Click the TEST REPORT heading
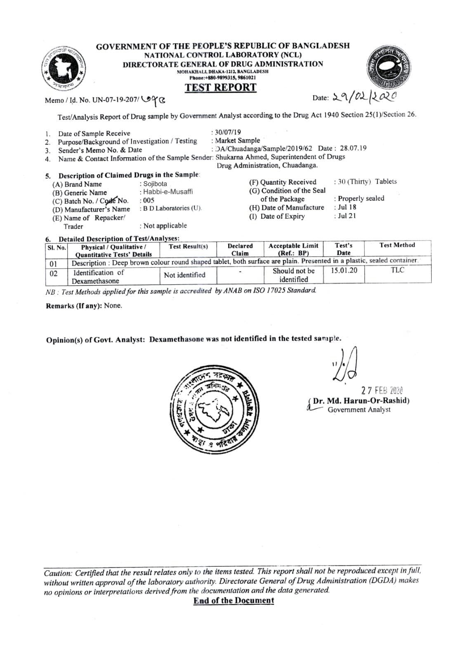[x=220, y=87]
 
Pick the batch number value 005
[x=149, y=200]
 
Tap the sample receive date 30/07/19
[x=227, y=132]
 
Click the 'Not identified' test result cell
[x=184, y=275]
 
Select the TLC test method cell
[x=397, y=270]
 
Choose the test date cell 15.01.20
[x=344, y=271]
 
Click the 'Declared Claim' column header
[x=240, y=249]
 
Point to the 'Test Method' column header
[x=397, y=245]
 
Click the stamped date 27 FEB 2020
[x=382, y=390]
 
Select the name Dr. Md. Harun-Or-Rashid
[x=361, y=401]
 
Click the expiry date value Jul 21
[x=347, y=216]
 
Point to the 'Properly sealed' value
[x=361, y=198]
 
